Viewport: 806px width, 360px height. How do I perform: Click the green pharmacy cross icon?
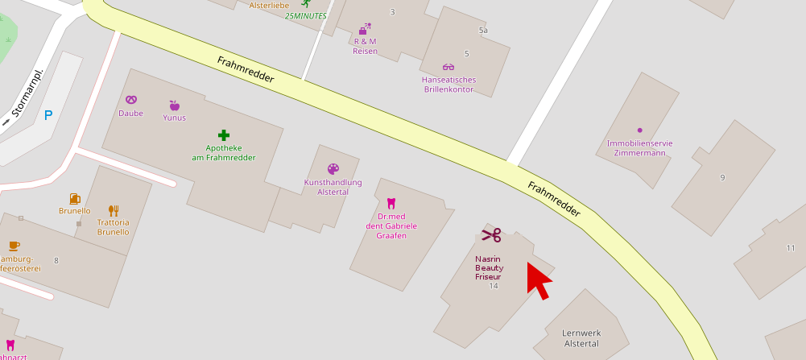[x=223, y=134]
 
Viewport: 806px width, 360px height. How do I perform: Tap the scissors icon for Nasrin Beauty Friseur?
[x=491, y=234]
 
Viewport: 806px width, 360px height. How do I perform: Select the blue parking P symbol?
[x=48, y=115]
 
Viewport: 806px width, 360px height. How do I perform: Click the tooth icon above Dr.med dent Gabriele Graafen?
[x=391, y=204]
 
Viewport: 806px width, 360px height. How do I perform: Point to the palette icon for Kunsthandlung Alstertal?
[x=333, y=169]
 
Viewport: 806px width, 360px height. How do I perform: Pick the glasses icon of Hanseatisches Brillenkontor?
[x=448, y=67]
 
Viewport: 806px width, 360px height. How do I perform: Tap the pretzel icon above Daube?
[x=131, y=100]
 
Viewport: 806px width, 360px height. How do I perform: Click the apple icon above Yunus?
[x=174, y=105]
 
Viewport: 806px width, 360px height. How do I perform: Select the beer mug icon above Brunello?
[x=75, y=198]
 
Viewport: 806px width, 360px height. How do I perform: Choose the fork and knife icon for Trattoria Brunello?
[x=114, y=210]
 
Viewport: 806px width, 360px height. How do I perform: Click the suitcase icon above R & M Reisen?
[x=365, y=28]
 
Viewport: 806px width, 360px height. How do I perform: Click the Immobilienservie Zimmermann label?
[x=640, y=148]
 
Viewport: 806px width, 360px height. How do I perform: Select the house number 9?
[x=722, y=177]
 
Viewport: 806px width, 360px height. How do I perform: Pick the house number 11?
[x=791, y=248]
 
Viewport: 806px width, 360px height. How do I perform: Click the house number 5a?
[x=483, y=31]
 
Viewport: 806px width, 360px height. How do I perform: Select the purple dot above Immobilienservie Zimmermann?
[x=640, y=130]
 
